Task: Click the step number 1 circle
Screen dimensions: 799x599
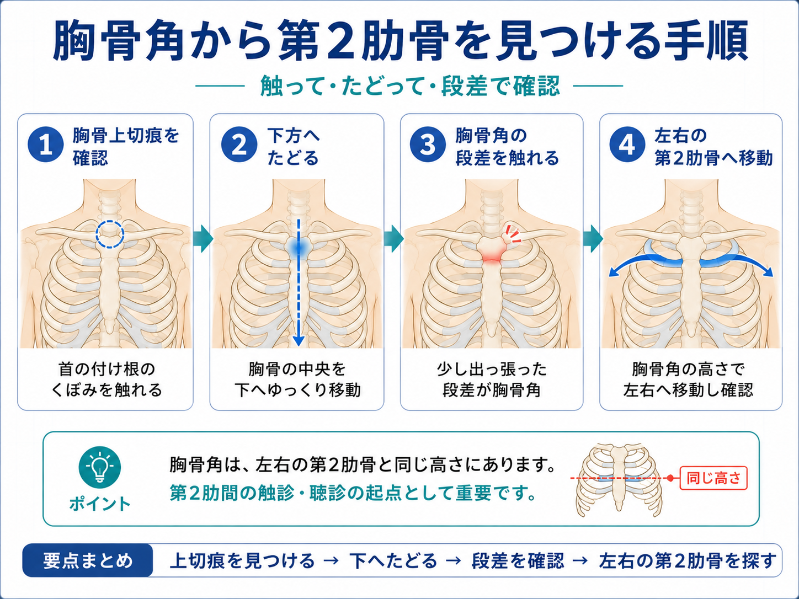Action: pyautogui.click(x=45, y=145)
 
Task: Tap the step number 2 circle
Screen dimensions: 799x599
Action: pyautogui.click(x=239, y=145)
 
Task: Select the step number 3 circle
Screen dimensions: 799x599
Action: pyautogui.click(x=428, y=145)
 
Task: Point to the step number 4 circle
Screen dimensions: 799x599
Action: pyautogui.click(x=627, y=145)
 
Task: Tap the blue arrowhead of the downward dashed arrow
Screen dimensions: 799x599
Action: pyautogui.click(x=299, y=341)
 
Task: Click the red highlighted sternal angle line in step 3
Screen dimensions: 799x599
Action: pyautogui.click(x=492, y=260)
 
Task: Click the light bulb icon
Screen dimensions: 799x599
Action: pyautogui.click(x=100, y=467)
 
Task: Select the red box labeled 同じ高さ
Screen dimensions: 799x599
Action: pyautogui.click(x=713, y=478)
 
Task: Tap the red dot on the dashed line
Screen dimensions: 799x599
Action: pyautogui.click(x=670, y=478)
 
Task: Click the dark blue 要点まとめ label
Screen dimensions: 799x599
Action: pyautogui.click(x=88, y=560)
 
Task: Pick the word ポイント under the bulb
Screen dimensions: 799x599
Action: pyautogui.click(x=100, y=504)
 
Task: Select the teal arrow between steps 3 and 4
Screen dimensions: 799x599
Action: pyautogui.click(x=593, y=239)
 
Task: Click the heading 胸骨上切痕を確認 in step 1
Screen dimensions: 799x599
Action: pyautogui.click(x=126, y=147)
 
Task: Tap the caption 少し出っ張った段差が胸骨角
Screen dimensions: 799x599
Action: pyautogui.click(x=492, y=379)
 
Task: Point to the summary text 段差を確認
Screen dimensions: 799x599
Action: pyautogui.click(x=518, y=561)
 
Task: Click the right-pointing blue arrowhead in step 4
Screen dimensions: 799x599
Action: pyautogui.click(x=768, y=271)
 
